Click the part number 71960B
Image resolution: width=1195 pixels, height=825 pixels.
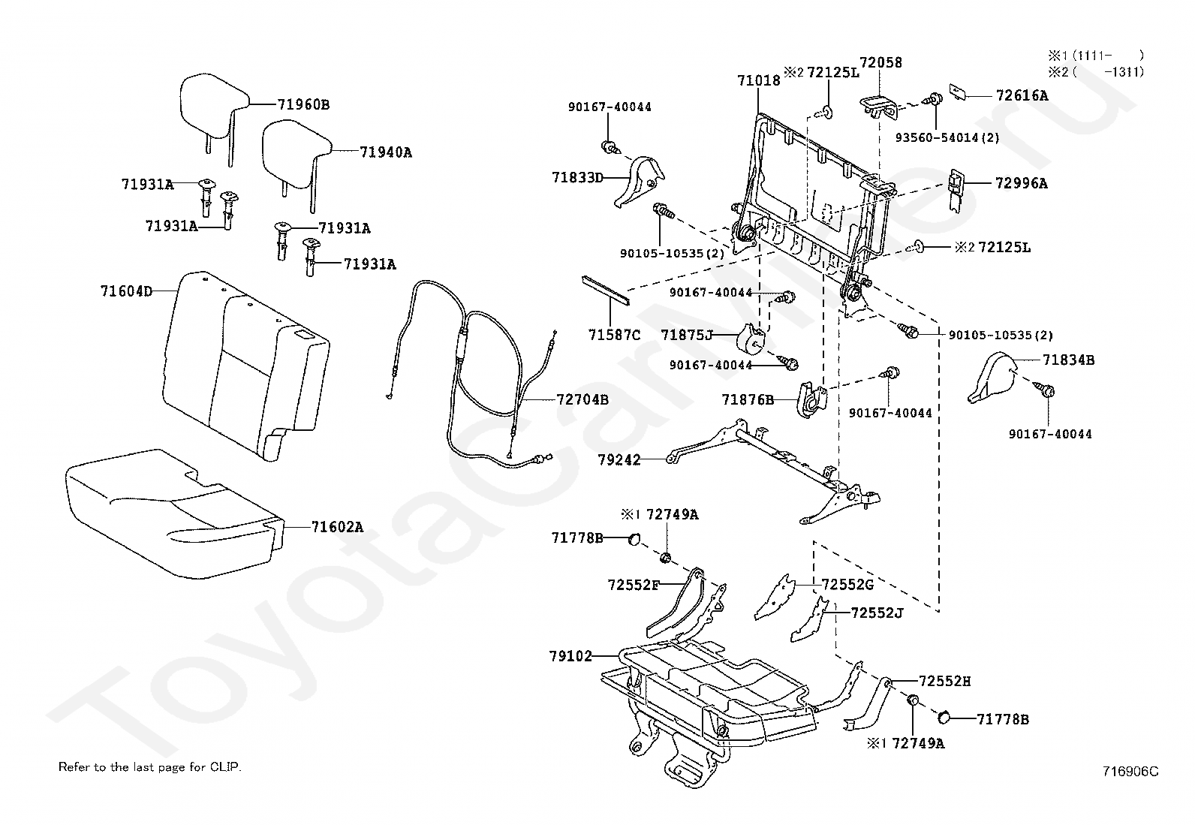303,104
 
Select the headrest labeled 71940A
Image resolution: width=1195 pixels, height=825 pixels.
296,155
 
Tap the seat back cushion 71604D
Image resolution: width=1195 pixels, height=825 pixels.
246,366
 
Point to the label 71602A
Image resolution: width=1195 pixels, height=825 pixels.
337,527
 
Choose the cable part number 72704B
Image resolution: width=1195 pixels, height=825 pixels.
582,399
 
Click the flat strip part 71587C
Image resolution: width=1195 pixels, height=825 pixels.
606,290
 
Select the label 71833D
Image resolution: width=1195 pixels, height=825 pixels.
578,177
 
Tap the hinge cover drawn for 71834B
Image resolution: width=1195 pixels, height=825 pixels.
992,377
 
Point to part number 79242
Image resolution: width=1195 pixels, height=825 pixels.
619,459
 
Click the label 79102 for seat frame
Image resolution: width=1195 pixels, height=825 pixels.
570,656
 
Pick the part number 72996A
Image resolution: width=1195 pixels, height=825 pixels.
1022,184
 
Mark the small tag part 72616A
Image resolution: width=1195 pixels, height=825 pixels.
958,92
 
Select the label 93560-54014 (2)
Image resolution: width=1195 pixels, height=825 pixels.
947,137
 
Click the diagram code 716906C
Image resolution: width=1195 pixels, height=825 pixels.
1131,771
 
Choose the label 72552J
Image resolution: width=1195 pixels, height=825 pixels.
877,613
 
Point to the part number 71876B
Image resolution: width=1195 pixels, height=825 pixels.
748,399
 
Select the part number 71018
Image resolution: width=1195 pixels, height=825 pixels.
759,80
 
